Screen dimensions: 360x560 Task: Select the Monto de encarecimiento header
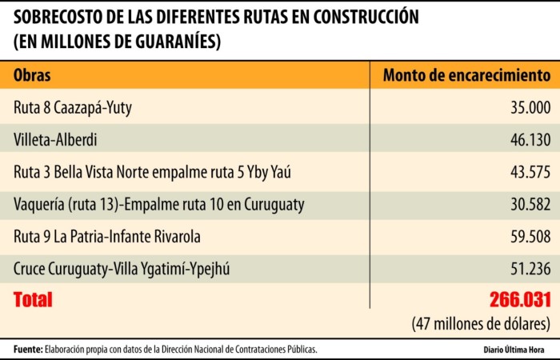[x=466, y=75]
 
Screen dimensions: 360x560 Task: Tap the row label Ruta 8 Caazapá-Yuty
[x=73, y=108]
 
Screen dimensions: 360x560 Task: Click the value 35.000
[x=530, y=108]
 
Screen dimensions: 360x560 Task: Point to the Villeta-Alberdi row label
[x=55, y=140]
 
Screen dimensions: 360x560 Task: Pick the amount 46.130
[x=530, y=140]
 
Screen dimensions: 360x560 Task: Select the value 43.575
[x=530, y=172]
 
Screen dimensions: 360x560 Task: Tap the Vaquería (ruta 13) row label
[x=159, y=204]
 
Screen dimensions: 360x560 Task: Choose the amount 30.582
[x=530, y=204]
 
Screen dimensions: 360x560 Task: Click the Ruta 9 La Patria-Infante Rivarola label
[x=106, y=236]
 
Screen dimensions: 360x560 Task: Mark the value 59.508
[x=530, y=236]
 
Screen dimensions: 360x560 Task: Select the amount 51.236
[x=530, y=268]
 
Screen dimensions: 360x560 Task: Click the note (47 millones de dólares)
[x=481, y=324]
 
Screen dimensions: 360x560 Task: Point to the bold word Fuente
[x=26, y=350]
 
